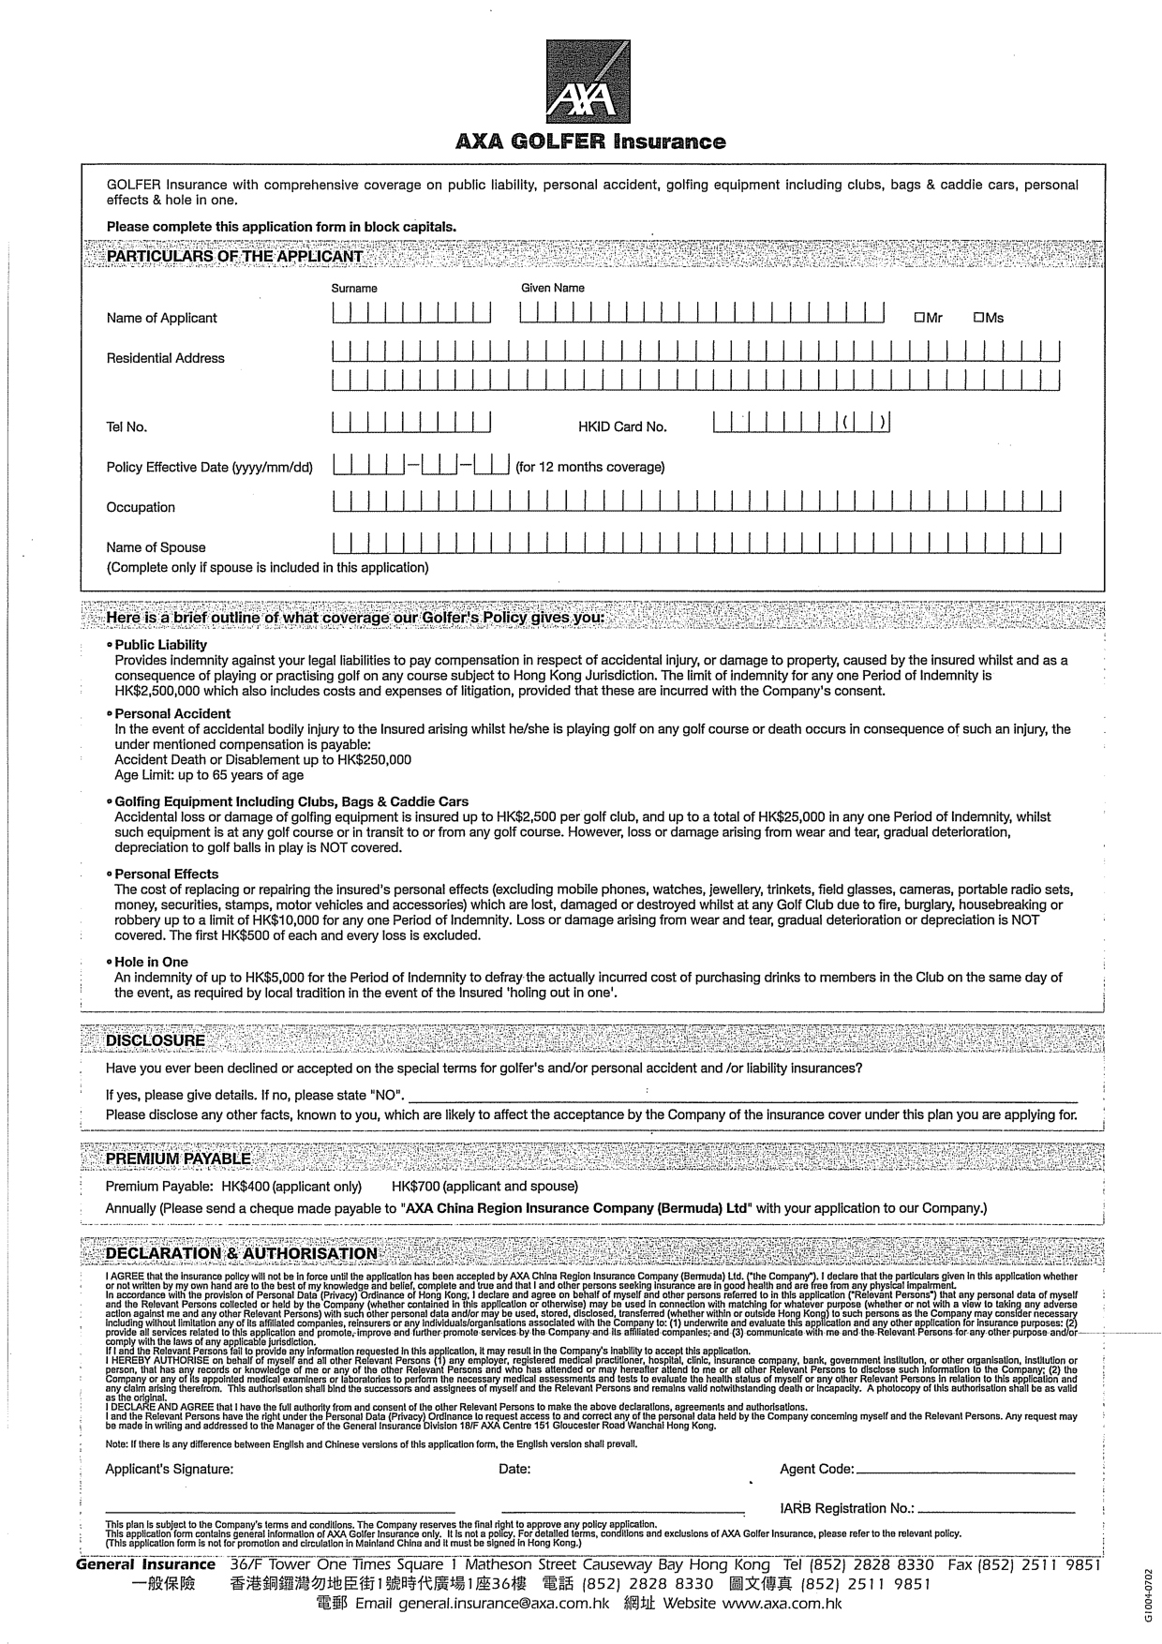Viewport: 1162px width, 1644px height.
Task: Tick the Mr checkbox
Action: tap(920, 318)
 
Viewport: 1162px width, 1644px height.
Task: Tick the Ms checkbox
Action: tap(978, 318)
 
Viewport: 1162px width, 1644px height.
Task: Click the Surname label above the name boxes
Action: tap(354, 289)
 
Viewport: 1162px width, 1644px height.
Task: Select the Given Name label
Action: tap(553, 289)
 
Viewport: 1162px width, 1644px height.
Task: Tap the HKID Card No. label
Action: tap(622, 427)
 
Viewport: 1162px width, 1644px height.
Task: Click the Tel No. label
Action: tap(127, 427)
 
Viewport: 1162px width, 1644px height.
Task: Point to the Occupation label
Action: tap(141, 508)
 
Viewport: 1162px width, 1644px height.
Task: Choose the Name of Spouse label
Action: tap(156, 547)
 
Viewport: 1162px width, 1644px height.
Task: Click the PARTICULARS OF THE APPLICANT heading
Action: tap(234, 257)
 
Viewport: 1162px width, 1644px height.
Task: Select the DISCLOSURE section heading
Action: tap(155, 1040)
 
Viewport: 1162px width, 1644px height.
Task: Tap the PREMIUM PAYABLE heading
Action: tap(178, 1159)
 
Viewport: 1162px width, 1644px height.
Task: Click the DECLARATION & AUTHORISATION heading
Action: tap(242, 1254)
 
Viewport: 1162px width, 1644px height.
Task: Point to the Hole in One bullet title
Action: tap(151, 962)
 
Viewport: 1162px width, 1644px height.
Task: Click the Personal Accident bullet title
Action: tap(172, 713)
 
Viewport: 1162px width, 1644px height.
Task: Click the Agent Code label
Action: tap(816, 1469)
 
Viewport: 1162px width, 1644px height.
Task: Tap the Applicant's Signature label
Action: tap(170, 1469)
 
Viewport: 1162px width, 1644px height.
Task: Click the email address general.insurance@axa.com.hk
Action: tap(503, 1604)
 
